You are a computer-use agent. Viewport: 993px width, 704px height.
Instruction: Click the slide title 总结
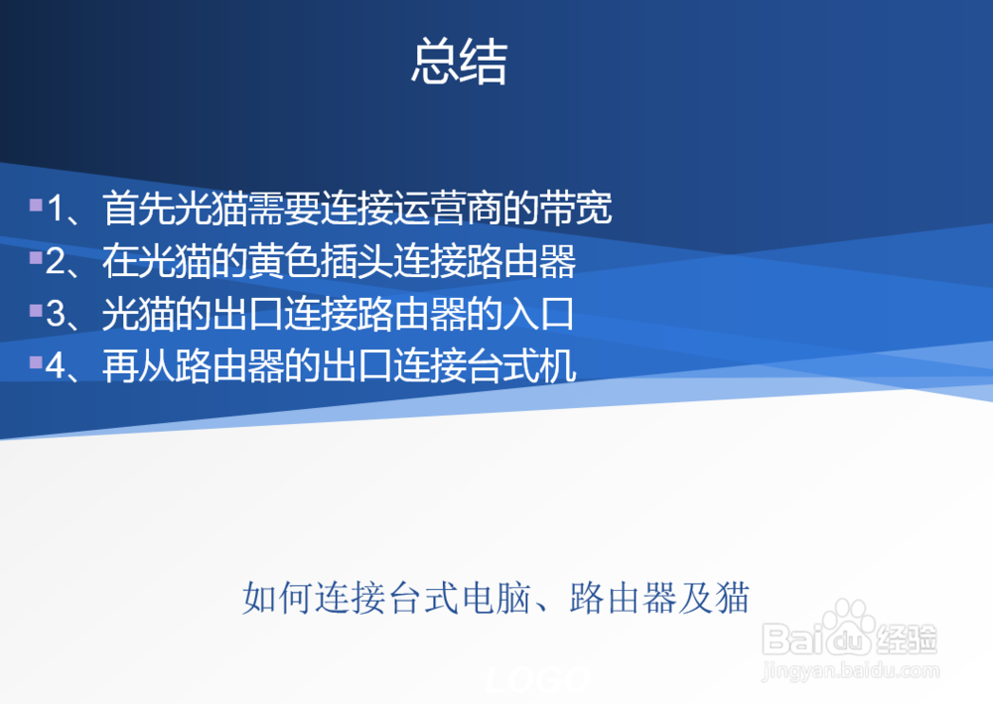(459, 63)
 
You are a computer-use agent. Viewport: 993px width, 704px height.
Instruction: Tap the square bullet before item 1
(36, 206)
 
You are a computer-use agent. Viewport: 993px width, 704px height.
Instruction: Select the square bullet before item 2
(36, 258)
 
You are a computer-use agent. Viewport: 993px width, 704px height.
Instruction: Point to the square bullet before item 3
(36, 311)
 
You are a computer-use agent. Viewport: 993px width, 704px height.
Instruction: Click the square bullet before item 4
(36, 363)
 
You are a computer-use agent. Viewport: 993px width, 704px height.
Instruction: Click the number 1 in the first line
(57, 210)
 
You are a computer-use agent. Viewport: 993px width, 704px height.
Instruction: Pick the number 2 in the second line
(57, 262)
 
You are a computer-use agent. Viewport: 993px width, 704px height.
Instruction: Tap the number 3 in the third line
(57, 315)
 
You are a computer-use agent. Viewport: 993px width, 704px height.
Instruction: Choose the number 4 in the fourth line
(57, 367)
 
